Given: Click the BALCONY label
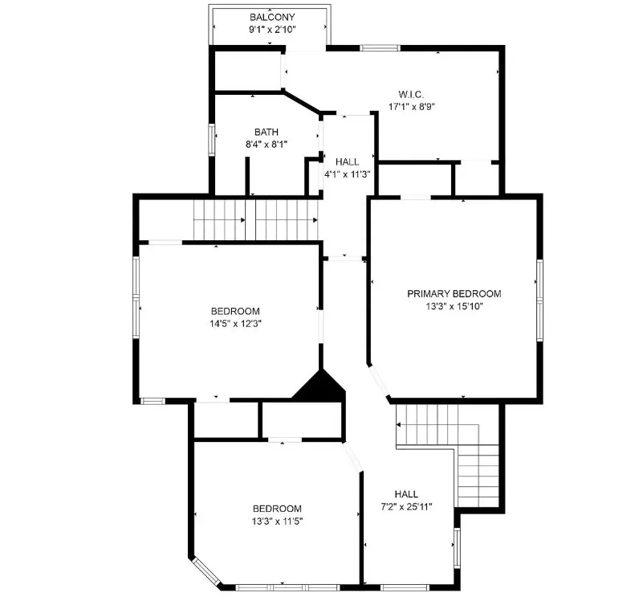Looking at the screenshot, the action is pyautogui.click(x=272, y=17).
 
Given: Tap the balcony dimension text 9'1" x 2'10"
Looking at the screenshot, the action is pyautogui.click(x=272, y=30).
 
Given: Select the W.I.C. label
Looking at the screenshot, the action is pyautogui.click(x=411, y=95).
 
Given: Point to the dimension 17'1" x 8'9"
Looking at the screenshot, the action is pyautogui.click(x=412, y=107).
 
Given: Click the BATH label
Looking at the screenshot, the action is pyautogui.click(x=267, y=132).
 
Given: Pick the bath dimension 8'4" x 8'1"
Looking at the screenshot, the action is pyautogui.click(x=267, y=145).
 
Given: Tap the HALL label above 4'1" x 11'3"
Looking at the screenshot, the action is pyautogui.click(x=348, y=162).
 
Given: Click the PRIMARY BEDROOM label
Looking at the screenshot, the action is pyautogui.click(x=454, y=293).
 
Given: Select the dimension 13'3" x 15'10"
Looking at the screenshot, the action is pyautogui.click(x=454, y=306).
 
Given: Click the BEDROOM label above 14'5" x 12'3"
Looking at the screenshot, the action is pyautogui.click(x=235, y=312).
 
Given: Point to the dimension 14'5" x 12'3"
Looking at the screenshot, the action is pyautogui.click(x=235, y=324).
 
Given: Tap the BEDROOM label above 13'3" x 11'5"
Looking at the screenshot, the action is pyautogui.click(x=277, y=509).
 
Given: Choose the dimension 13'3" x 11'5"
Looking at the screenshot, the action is pyautogui.click(x=277, y=521).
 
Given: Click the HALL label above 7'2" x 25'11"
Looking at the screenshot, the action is pyautogui.click(x=406, y=494).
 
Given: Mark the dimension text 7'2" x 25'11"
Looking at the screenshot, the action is pyautogui.click(x=406, y=507).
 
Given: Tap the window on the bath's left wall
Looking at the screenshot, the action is pyautogui.click(x=211, y=140).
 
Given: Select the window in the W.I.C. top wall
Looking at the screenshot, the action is pyautogui.click(x=380, y=48).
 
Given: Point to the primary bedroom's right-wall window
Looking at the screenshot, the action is pyautogui.click(x=539, y=301).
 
